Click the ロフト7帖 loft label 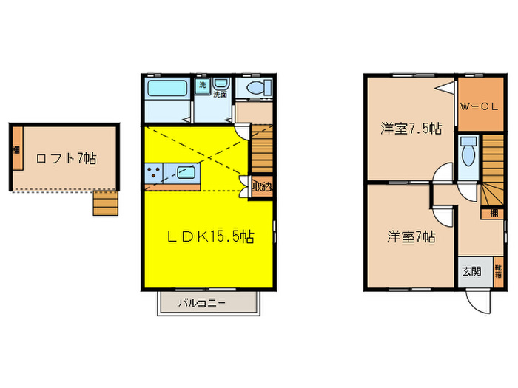click(x=65, y=157)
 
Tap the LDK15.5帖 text click(x=209, y=238)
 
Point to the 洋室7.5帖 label click(x=412, y=129)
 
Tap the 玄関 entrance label click(x=471, y=271)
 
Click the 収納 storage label click(x=260, y=187)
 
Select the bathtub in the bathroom click(x=168, y=90)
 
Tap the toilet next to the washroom click(x=255, y=89)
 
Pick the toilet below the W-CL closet click(x=468, y=153)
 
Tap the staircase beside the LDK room click(x=261, y=147)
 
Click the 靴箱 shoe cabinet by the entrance click(x=498, y=272)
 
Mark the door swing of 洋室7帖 click(x=443, y=214)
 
